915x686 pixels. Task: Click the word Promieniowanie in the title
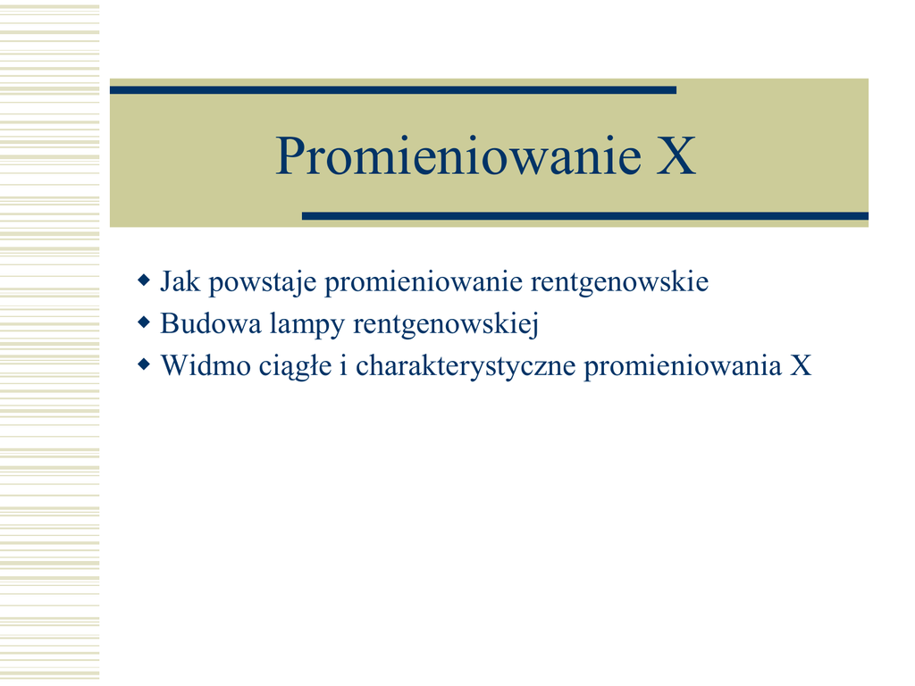click(x=458, y=155)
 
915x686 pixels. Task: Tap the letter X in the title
click(x=676, y=155)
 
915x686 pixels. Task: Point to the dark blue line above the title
click(x=393, y=90)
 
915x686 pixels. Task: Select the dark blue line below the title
click(x=584, y=216)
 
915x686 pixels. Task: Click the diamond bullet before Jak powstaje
click(x=144, y=280)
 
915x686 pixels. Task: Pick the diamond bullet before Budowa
click(x=144, y=322)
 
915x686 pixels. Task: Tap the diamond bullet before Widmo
click(x=144, y=365)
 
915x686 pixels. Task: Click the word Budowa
click(x=211, y=323)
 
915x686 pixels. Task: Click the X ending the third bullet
click(x=801, y=366)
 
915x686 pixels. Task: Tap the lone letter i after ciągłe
click(x=344, y=366)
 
